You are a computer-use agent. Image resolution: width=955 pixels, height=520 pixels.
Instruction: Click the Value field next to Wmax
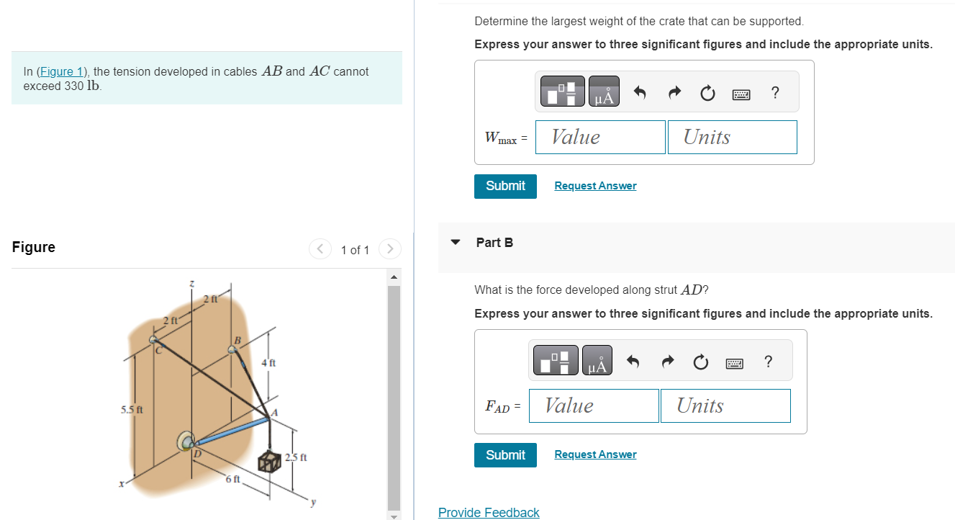(599, 137)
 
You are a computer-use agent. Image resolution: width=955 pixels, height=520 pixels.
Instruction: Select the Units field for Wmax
(732, 137)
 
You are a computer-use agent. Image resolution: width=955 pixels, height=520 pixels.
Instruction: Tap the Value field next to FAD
(594, 405)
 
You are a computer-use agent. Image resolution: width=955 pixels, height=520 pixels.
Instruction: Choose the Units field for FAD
(725, 405)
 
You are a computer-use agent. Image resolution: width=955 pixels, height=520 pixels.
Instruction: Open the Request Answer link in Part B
(595, 454)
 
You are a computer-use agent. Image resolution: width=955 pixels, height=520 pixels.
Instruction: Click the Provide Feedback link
(489, 512)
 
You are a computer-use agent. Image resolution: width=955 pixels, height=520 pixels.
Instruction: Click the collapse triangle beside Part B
(455, 243)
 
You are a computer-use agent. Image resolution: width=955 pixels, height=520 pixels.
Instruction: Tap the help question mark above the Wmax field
(774, 93)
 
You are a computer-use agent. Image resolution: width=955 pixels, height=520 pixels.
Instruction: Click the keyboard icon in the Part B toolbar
(734, 363)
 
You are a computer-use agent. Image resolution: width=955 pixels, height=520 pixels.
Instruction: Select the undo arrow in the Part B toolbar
(633, 362)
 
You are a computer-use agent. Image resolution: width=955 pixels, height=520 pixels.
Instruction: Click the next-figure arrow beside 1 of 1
(389, 249)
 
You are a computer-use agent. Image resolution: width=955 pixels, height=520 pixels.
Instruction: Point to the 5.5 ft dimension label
(132, 410)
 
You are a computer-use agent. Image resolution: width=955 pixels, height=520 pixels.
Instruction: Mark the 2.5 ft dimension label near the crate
(296, 457)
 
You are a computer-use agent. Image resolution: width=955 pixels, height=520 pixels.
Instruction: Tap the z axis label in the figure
(191, 284)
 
